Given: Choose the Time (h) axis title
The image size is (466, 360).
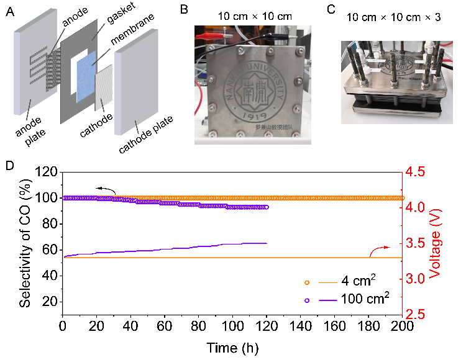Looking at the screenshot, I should coord(232,346).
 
